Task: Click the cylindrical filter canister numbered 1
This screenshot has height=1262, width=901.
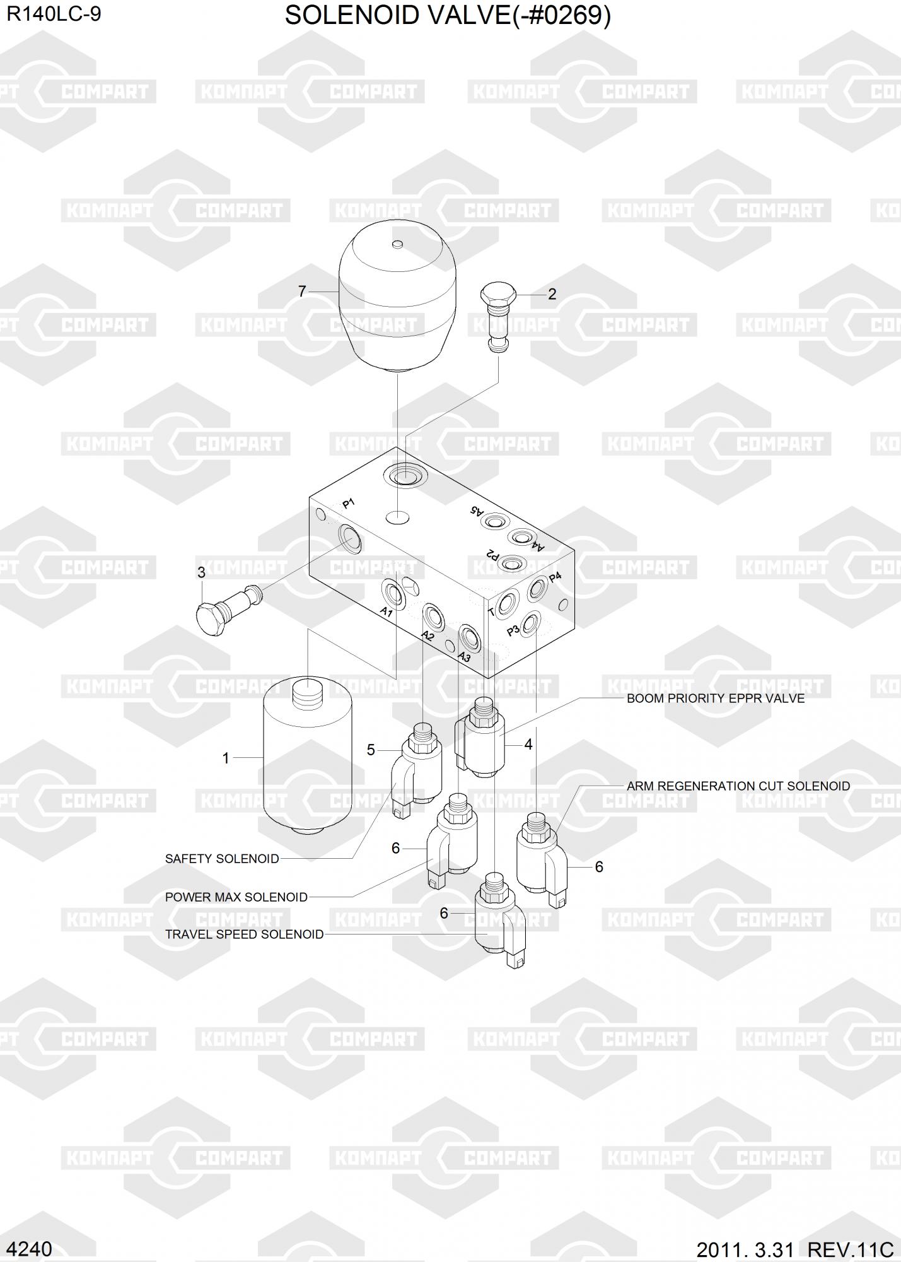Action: pyautogui.click(x=306, y=757)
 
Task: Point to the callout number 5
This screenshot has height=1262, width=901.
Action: pyautogui.click(x=371, y=750)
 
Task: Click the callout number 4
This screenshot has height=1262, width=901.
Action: pyautogui.click(x=528, y=745)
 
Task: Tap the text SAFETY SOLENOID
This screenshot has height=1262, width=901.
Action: pyautogui.click(x=222, y=859)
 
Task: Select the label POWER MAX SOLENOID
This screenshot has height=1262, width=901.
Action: pyautogui.click(x=236, y=897)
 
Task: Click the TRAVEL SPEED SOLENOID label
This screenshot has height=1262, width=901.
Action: pyautogui.click(x=245, y=935)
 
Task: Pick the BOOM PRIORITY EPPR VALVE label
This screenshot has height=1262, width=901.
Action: pyautogui.click(x=716, y=699)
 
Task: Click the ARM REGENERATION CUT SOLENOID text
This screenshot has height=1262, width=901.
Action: pyautogui.click(x=738, y=786)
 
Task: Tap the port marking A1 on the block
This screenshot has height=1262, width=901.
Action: pyautogui.click(x=386, y=612)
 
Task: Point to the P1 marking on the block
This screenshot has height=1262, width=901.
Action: pyautogui.click(x=349, y=504)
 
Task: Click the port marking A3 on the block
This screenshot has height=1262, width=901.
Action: pyautogui.click(x=464, y=657)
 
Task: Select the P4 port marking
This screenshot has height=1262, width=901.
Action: pyautogui.click(x=555, y=577)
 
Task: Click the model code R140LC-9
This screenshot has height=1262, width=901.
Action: pyautogui.click(x=54, y=15)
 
